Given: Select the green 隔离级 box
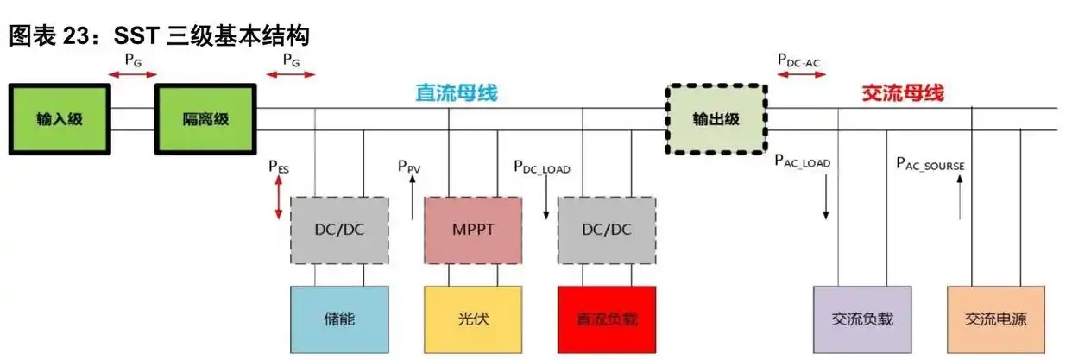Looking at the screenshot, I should pos(205,119).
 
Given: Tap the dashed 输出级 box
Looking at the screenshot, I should pos(716,119).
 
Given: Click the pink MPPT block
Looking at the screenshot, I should pos(472,231).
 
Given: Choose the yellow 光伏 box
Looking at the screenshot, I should pos(472,319).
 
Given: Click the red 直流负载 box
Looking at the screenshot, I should pos(606,319).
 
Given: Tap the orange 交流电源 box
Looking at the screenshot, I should pos(996,319).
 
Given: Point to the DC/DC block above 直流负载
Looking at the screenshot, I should pos(606,231).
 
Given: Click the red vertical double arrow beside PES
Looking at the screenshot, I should pos(278,200).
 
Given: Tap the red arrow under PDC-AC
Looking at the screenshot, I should pos(801,75).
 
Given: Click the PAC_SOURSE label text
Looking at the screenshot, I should pos(930,162).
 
